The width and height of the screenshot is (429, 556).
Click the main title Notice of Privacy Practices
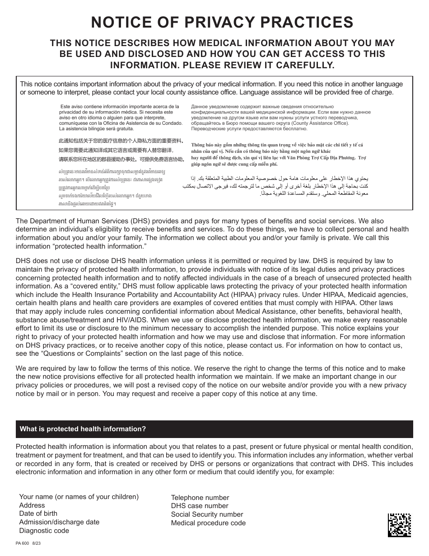pos(222,22)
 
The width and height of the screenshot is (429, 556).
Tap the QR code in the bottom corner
pos(399,525)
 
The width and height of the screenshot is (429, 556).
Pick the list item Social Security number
pos(207,514)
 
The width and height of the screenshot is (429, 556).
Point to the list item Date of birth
pos(38,514)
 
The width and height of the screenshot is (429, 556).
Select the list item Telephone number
pos(200,498)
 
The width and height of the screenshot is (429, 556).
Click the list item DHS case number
pos(200,506)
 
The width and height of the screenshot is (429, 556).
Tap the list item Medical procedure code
pos(208,523)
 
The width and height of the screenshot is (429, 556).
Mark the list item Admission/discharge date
pos(59,522)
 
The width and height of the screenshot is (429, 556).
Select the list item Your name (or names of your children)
pos(79,497)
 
